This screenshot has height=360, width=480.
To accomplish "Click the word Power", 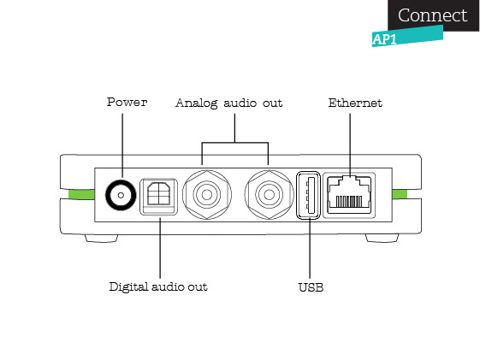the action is [127, 102].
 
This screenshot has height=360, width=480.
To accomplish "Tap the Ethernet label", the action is [355, 103].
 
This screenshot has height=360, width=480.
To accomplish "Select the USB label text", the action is [311, 287].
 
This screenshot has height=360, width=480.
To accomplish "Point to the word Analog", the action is [197, 103].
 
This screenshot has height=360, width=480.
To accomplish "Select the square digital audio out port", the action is [158, 197].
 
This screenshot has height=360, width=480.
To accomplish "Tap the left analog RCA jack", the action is [207, 194].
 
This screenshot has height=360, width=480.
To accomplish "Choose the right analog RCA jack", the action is [269, 194].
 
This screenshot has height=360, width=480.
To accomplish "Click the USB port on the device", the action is [308, 195].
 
